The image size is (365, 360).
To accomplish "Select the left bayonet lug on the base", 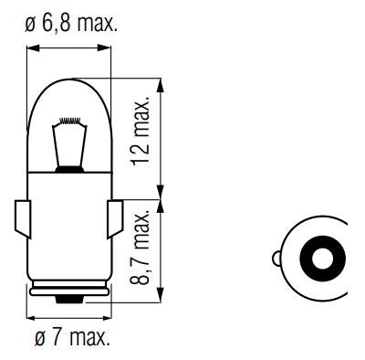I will coord(25,219).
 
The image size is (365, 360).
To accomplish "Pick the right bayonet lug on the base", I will coord(115,219).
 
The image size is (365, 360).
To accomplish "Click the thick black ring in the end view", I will coord(313,260).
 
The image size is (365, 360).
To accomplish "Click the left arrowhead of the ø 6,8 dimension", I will coord(31,50).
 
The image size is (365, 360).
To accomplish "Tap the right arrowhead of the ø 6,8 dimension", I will coord(110,50).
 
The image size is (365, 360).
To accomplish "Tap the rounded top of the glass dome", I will coord(70,80).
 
